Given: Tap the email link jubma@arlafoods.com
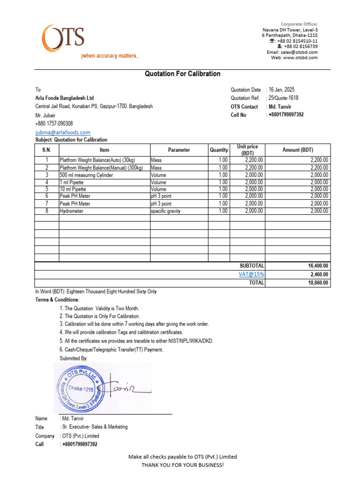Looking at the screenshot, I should pos(63,133).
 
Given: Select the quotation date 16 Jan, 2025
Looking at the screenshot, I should pos(282,90).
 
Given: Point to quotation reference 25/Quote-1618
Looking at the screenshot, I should pos(283,98).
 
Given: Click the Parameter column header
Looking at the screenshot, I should pos(179,150).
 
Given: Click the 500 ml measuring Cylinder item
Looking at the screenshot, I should pos(86,175).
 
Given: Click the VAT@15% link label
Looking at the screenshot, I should pos(251,274).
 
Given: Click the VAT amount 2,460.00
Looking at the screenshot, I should pos(319,274).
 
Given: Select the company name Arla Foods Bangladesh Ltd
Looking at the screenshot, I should pos(64,98).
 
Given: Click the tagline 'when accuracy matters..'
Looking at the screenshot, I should pos(110,56).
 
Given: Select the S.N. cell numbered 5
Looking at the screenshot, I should pos(46,189).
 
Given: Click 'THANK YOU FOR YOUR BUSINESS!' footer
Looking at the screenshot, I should pos(182,465).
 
